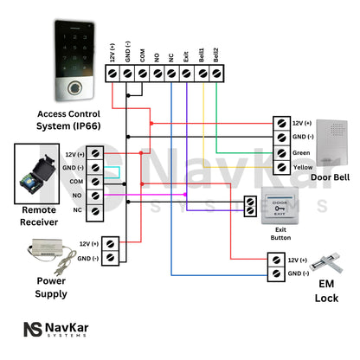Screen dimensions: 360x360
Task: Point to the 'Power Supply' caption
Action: pos(50,287)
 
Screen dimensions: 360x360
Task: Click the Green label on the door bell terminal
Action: pos(302,152)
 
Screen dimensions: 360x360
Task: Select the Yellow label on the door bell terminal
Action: pos(303,167)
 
